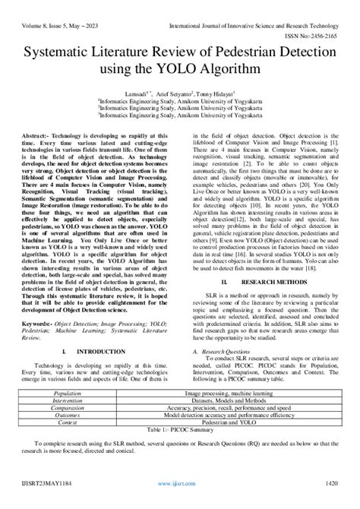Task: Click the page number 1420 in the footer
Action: tap(332, 502)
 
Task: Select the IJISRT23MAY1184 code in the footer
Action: tap(47, 502)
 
